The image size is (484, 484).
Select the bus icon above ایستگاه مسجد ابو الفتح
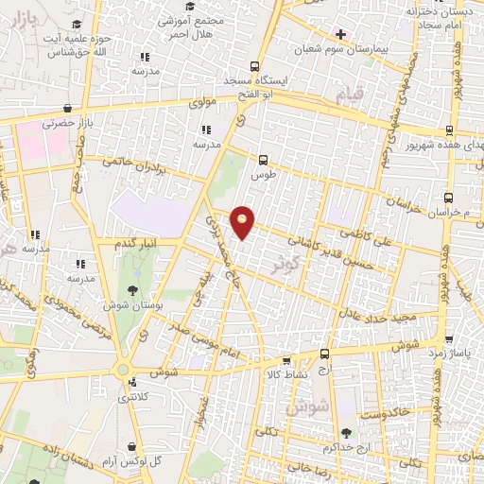(x=253, y=66)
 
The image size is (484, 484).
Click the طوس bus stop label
(x=263, y=176)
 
